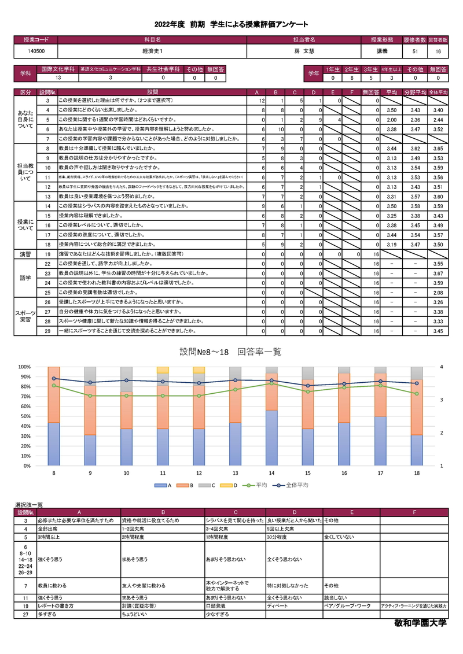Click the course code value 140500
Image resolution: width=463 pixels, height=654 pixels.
(x=36, y=51)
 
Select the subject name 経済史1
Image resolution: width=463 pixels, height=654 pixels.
(x=152, y=51)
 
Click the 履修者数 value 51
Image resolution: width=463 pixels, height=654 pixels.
(x=416, y=51)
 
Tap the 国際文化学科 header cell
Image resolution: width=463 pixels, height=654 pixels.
(x=58, y=69)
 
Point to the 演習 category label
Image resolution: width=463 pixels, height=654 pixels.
(x=26, y=254)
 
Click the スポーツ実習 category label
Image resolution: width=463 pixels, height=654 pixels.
(x=26, y=317)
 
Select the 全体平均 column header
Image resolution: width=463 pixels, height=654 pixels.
(x=438, y=93)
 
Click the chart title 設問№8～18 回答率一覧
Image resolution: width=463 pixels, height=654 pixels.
(x=230, y=352)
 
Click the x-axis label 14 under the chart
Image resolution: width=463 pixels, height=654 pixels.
(x=271, y=473)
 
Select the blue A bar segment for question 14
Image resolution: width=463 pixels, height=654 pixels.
(x=271, y=438)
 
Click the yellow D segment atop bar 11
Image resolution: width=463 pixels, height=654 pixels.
(x=163, y=370)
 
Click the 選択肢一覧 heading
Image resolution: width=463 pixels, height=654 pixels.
(x=28, y=505)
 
